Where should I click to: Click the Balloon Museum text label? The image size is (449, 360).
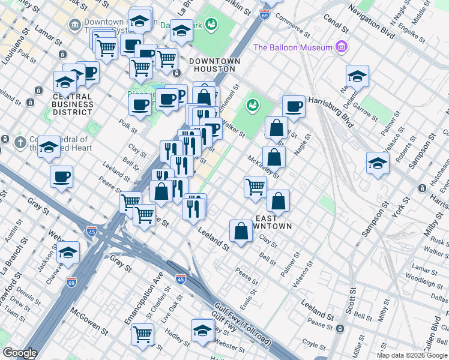pyautogui.click(x=293, y=47)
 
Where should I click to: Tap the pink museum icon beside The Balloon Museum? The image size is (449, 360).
pyautogui.click(x=342, y=46)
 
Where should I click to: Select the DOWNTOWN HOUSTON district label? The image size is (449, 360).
pyautogui.click(x=214, y=65)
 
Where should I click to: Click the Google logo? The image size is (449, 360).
pyautogui.click(x=19, y=353)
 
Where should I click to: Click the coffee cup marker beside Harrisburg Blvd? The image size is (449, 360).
pyautogui.click(x=294, y=107)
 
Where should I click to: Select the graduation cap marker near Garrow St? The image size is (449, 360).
pyautogui.click(x=357, y=76)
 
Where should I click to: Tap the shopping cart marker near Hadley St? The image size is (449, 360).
pyautogui.click(x=142, y=333)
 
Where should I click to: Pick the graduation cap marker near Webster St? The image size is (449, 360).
pyautogui.click(x=203, y=330)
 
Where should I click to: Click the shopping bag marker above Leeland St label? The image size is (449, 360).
pyautogui.click(x=241, y=230)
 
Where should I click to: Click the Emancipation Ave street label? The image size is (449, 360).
pyautogui.click(x=143, y=298)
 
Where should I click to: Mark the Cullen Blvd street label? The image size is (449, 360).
pyautogui.click(x=436, y=337)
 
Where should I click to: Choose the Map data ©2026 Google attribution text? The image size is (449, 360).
pyautogui.click(x=412, y=355)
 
